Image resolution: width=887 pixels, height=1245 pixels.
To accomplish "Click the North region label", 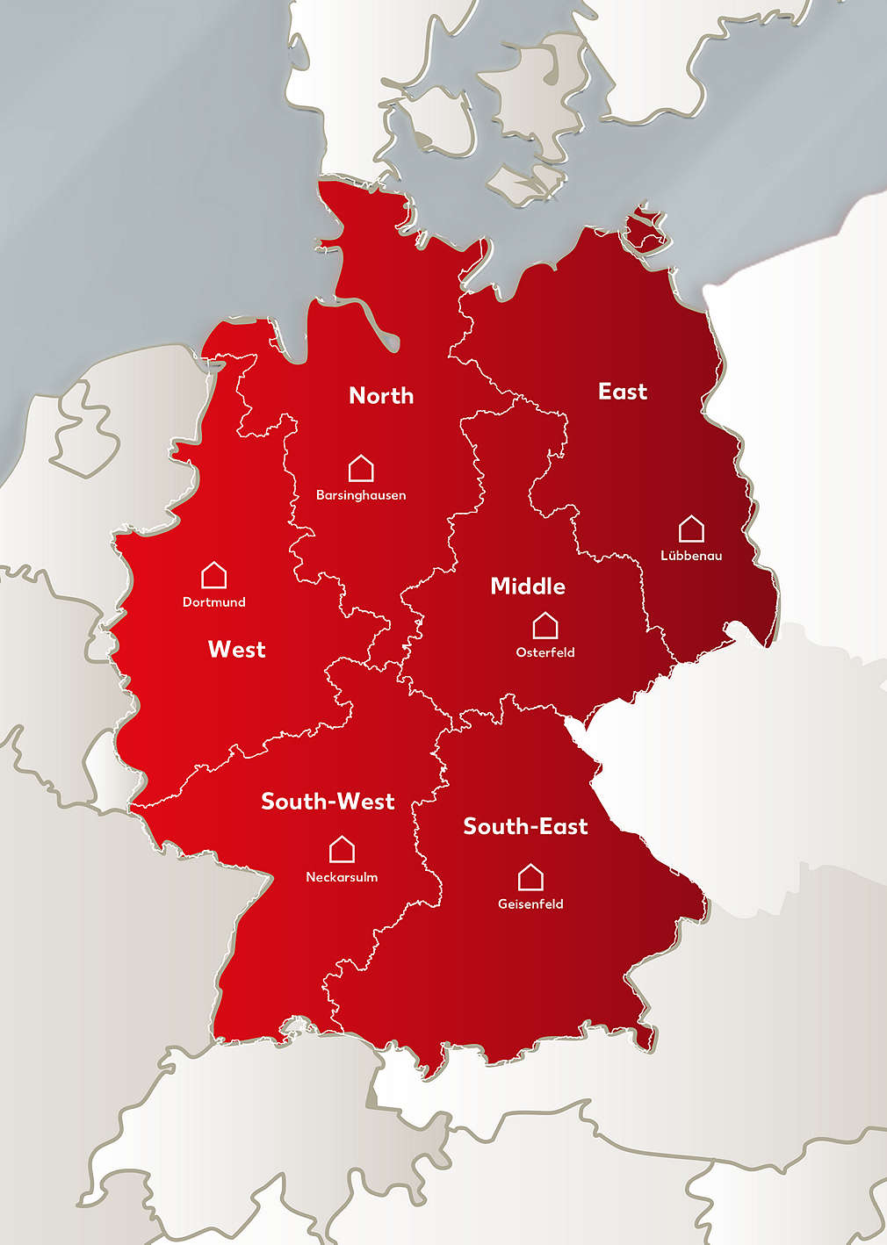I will [x=381, y=396].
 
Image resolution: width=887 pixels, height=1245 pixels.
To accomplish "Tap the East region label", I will [x=623, y=392].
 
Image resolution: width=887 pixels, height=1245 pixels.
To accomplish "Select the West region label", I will [x=236, y=650].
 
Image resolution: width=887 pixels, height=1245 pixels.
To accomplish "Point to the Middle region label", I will [x=528, y=587].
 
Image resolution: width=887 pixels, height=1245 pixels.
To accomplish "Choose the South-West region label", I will [x=328, y=802].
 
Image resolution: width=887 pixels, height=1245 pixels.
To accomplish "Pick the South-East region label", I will [x=525, y=826].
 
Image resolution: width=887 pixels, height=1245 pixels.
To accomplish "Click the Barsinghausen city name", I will [x=361, y=495].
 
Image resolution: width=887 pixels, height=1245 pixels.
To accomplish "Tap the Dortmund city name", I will [x=213, y=602].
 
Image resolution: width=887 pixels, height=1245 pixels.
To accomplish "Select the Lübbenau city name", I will [x=691, y=556].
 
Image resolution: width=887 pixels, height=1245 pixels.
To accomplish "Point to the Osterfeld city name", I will [x=545, y=652].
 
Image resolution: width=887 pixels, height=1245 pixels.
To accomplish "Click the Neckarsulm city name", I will [x=342, y=877].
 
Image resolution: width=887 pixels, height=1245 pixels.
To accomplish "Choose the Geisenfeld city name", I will [x=530, y=904].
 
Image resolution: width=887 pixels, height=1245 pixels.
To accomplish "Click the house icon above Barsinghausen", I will [x=361, y=468].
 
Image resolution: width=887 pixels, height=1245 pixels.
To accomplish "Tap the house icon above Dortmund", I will [x=213, y=575].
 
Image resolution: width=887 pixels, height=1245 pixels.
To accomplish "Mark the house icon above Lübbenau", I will [x=691, y=529].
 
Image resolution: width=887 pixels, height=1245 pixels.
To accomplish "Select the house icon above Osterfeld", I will [x=545, y=625].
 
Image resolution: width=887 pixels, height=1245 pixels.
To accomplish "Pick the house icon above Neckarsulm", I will [x=342, y=850].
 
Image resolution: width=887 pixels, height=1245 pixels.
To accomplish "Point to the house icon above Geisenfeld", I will [x=530, y=877].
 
